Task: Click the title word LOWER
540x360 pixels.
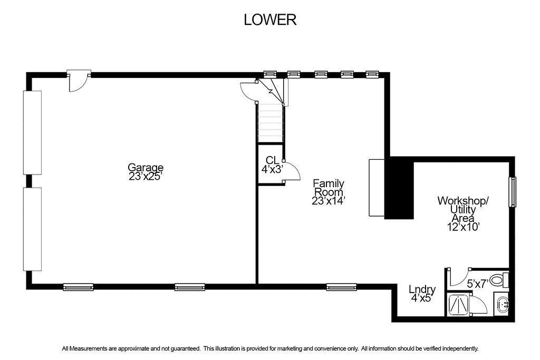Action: coord(270,20)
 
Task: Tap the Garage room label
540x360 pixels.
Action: coord(146,168)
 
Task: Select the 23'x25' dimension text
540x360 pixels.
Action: coord(146,177)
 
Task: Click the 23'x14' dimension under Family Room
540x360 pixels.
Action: coord(329,201)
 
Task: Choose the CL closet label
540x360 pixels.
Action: coord(272,160)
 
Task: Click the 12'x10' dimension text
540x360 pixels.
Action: coord(462,227)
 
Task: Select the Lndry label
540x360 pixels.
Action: coord(422,289)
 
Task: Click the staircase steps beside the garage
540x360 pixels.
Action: coord(271,123)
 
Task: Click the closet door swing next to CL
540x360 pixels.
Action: coord(292,171)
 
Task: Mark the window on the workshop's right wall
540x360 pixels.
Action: coord(512,192)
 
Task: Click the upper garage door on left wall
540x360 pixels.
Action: coord(32,132)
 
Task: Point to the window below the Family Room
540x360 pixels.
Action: coord(341,287)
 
